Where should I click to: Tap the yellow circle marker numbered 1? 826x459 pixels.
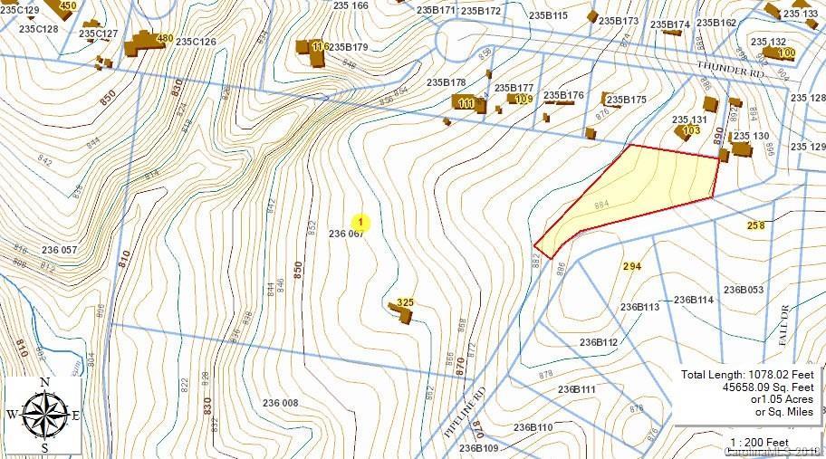coord(360,221)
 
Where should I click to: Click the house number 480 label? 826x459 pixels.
coord(164,38)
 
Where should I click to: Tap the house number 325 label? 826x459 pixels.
coord(406,301)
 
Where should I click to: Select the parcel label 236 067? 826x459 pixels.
coord(346,234)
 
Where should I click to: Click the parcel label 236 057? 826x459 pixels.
coord(60,250)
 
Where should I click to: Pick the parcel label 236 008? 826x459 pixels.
coord(280,403)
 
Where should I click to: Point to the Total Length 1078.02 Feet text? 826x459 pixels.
coord(748,374)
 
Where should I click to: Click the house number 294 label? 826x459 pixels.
coord(632,266)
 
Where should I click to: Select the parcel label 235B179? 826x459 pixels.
coord(348,47)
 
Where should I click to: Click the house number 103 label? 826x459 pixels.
coord(691,130)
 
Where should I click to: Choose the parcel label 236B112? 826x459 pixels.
coord(599,342)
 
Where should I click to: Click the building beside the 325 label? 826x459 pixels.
coord(401,313)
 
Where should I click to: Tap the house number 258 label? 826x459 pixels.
coord(756,225)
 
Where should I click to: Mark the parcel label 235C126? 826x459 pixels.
coord(196,42)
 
